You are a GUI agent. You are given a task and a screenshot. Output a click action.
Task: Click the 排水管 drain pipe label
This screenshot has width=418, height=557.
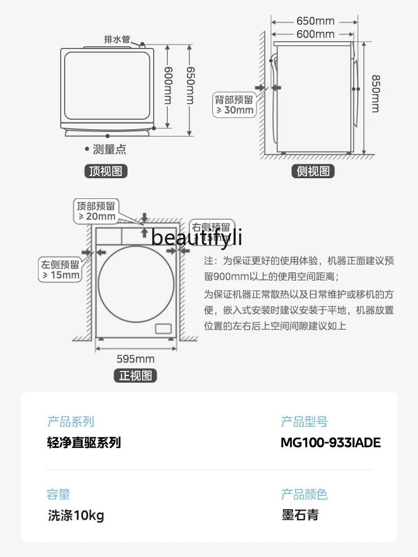(x=117, y=40)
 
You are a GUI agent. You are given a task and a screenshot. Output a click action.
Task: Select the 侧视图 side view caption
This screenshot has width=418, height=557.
(x=313, y=171)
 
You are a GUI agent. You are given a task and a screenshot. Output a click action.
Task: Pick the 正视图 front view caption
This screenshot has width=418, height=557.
(x=135, y=375)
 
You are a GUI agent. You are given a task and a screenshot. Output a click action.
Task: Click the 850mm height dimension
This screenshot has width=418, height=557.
(x=375, y=94)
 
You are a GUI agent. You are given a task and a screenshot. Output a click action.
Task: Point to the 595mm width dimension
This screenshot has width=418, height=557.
(x=135, y=359)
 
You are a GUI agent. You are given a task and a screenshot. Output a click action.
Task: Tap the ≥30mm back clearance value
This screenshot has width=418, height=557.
(x=235, y=110)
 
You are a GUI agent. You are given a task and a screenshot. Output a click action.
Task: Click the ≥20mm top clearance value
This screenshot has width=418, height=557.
(x=96, y=216)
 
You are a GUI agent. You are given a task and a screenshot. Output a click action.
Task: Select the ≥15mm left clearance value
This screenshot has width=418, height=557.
(x=61, y=275)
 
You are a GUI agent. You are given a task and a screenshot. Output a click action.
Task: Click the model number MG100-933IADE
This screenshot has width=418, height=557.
(x=330, y=443)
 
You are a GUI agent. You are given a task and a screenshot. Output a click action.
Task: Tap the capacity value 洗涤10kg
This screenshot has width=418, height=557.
(x=76, y=515)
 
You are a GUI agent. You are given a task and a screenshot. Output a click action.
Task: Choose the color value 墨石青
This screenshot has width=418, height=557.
(x=300, y=515)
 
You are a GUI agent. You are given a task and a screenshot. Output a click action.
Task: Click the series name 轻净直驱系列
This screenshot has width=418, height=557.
(x=84, y=443)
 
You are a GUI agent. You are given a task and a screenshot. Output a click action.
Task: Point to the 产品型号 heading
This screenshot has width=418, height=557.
(x=304, y=422)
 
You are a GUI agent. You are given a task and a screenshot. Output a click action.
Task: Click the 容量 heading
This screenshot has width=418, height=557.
(x=59, y=494)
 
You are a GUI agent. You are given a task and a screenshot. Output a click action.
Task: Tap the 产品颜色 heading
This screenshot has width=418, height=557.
(x=304, y=494)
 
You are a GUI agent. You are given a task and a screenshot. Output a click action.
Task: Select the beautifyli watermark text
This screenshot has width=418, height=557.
(x=197, y=238)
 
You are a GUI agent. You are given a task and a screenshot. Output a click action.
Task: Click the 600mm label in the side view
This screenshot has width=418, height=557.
(x=315, y=34)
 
